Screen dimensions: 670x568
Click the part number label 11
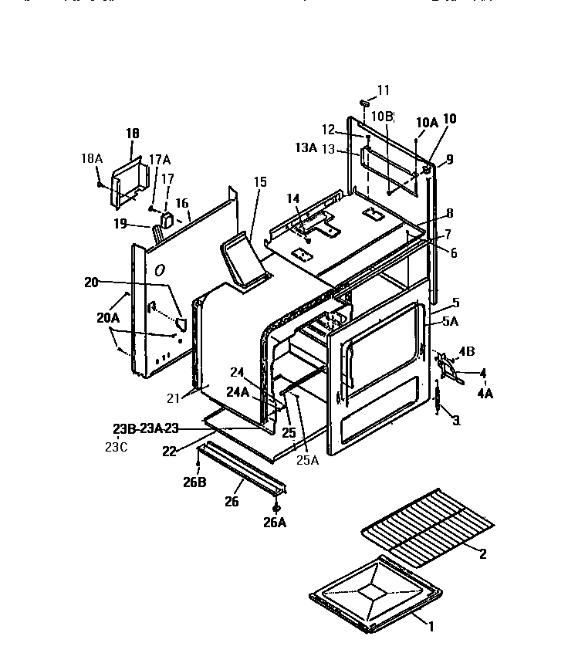click(384, 90)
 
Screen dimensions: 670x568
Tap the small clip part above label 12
click(365, 102)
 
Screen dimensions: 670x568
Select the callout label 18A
click(91, 158)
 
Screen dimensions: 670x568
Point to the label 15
click(260, 182)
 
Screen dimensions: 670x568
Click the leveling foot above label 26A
click(277, 507)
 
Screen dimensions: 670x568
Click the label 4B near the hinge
click(467, 352)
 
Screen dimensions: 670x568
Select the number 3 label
click(456, 420)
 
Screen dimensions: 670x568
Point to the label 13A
click(306, 148)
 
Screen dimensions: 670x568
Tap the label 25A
click(308, 461)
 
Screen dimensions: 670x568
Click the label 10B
click(381, 116)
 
